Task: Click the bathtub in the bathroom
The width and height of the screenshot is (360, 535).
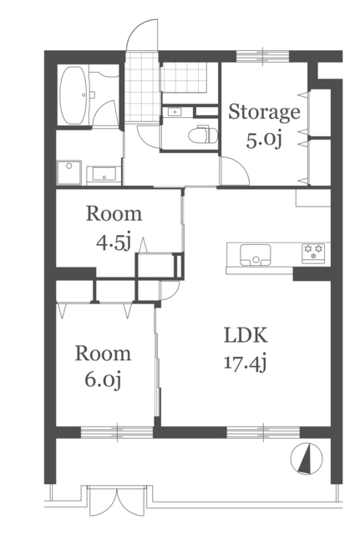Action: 74,95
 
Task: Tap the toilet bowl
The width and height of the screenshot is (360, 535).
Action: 203,135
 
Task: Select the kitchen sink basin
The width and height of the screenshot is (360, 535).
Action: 256,255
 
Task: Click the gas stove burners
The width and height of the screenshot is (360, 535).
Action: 313,253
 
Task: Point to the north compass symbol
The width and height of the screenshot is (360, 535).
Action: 307,458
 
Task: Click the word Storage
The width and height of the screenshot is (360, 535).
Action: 264,113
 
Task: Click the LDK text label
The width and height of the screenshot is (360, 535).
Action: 246,335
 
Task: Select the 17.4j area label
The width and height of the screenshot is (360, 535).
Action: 245,362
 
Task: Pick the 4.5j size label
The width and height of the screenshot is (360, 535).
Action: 114,242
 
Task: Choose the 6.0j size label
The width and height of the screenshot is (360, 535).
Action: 103,380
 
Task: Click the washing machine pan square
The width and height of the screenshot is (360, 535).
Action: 69,172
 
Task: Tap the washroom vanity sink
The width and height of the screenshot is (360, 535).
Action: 104,176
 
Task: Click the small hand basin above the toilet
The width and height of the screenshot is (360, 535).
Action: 175,111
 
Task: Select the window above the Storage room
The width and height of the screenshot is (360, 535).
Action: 263,56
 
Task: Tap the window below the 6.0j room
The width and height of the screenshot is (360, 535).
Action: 117,432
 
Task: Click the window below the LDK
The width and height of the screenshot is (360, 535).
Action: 263,432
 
